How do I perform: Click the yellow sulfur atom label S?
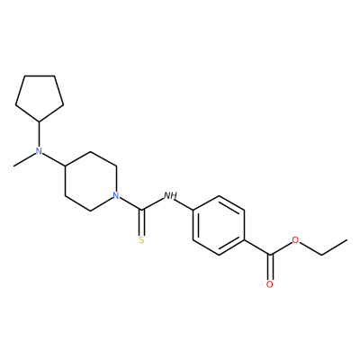[x=141, y=239]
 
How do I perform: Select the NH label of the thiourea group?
[x=170, y=196]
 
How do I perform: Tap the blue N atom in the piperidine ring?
[x=116, y=196]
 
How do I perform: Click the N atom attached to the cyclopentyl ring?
[x=39, y=151]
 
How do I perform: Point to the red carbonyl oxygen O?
[x=270, y=284]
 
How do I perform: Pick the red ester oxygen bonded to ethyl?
[x=296, y=240]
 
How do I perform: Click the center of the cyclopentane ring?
[x=40, y=96]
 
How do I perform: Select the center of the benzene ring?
[x=219, y=225]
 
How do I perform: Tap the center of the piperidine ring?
[x=91, y=181]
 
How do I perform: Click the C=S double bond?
[x=141, y=222]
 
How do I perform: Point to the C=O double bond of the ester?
[x=270, y=267]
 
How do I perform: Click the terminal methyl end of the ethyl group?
[x=347, y=239]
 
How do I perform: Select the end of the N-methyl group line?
[x=13, y=166]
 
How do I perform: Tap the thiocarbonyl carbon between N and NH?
[x=141, y=210]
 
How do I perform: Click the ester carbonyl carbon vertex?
[x=270, y=255]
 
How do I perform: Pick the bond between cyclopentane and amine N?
[x=39, y=134]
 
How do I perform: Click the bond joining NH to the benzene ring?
[x=184, y=205]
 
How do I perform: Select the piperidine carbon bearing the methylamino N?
[x=65, y=166]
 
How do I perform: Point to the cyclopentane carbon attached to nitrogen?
[x=40, y=121]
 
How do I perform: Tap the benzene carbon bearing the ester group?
[x=245, y=240]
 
